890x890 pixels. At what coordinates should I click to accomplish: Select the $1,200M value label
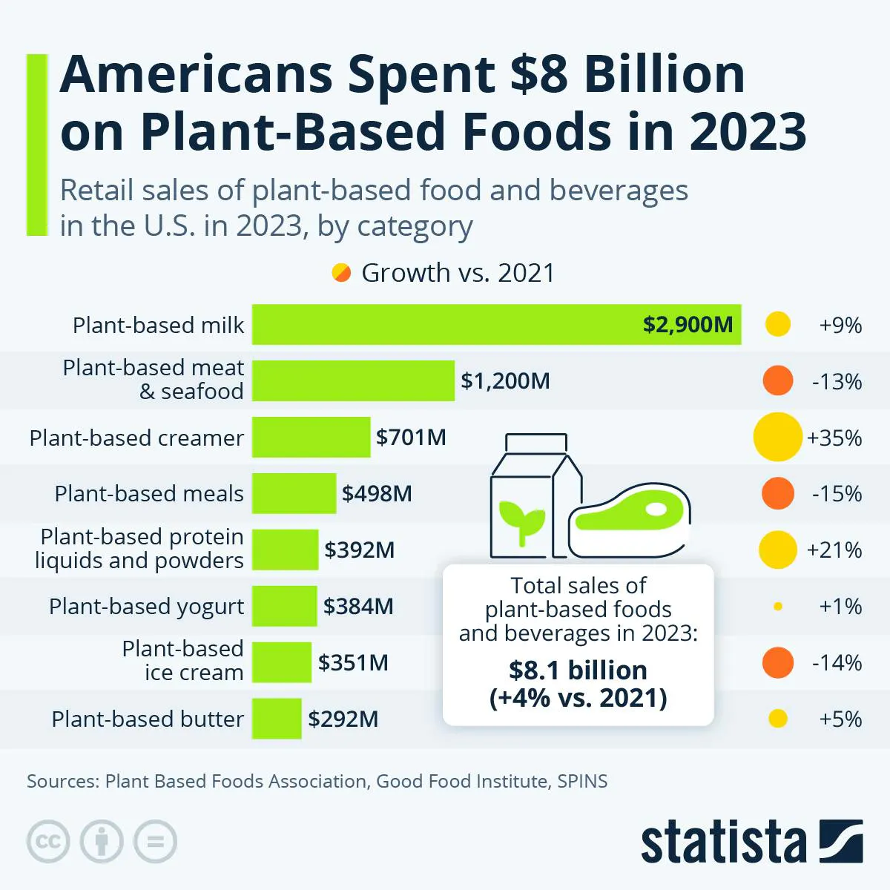(x=505, y=381)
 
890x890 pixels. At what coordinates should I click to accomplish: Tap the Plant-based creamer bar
(x=311, y=438)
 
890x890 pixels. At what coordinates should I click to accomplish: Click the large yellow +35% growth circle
(x=777, y=438)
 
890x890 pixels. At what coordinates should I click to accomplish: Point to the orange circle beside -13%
(x=777, y=381)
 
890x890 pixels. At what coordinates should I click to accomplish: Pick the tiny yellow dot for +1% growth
(x=777, y=607)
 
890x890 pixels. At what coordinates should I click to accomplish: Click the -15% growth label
(x=837, y=494)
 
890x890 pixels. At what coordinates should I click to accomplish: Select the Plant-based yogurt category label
(x=146, y=607)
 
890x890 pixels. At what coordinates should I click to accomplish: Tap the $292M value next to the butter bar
(x=343, y=719)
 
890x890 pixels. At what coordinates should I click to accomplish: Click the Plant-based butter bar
(x=277, y=719)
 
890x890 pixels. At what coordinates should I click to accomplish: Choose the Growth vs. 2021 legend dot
(x=341, y=273)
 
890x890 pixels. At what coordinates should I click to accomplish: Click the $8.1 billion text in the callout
(x=578, y=670)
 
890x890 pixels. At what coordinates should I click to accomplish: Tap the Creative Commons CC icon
(x=48, y=842)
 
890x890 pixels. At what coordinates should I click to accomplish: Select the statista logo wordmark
(x=723, y=843)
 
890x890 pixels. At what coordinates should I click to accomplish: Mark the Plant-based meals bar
(x=294, y=494)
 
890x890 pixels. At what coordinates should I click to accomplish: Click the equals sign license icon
(x=155, y=842)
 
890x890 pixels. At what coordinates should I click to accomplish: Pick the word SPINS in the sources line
(x=582, y=781)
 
